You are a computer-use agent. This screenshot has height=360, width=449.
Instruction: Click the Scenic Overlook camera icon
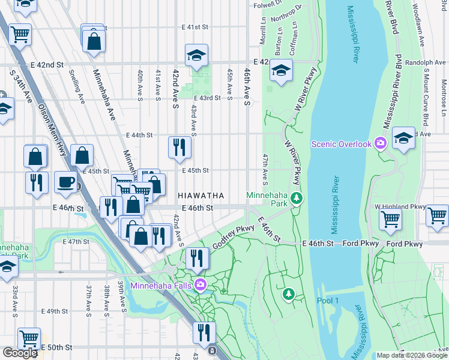click(x=380, y=143)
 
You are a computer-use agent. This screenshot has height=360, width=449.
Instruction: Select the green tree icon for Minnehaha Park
click(x=295, y=198)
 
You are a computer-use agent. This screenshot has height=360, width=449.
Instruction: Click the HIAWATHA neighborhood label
click(x=201, y=196)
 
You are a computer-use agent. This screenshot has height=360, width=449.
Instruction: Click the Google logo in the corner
click(x=20, y=353)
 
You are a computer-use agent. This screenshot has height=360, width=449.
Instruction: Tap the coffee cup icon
click(x=65, y=182)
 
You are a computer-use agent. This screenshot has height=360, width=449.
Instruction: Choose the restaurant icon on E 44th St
click(x=179, y=148)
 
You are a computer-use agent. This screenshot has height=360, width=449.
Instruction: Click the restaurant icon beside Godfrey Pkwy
click(x=197, y=259)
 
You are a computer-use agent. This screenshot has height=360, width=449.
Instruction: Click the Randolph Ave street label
click(x=426, y=62)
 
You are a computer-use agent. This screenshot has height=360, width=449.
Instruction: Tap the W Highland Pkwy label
click(x=400, y=206)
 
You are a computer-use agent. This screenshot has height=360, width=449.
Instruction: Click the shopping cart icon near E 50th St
click(x=28, y=338)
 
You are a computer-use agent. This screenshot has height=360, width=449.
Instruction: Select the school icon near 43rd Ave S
click(x=196, y=56)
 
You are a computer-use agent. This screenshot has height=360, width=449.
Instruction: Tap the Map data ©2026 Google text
click(x=411, y=355)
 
